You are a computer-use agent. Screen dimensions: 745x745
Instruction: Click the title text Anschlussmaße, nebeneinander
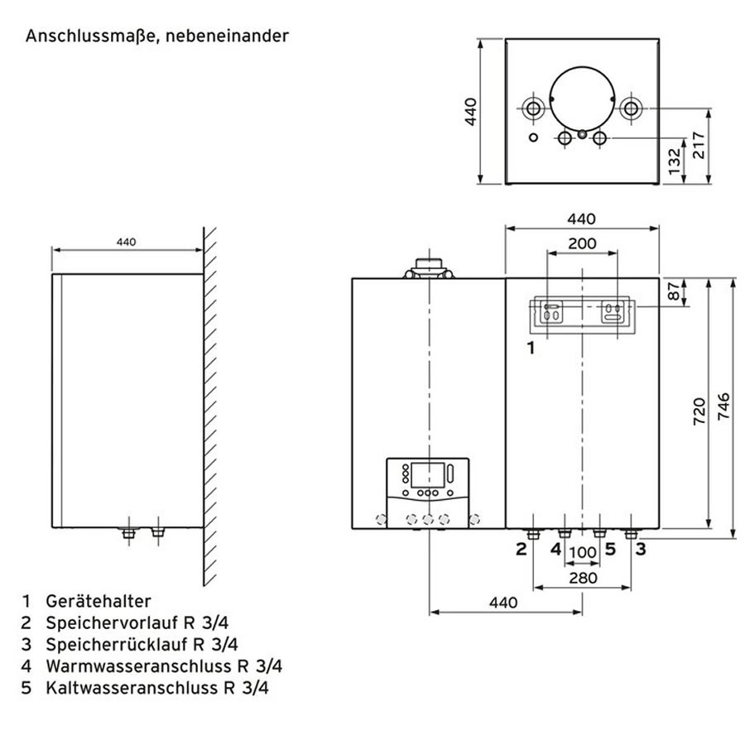(x=156, y=36)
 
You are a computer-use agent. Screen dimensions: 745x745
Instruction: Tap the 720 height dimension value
(x=697, y=411)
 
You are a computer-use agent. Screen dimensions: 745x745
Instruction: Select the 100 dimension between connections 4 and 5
(x=583, y=551)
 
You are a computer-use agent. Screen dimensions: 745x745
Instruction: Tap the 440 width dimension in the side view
(x=126, y=243)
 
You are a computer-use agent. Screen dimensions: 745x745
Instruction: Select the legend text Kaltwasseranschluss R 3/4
(x=157, y=687)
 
